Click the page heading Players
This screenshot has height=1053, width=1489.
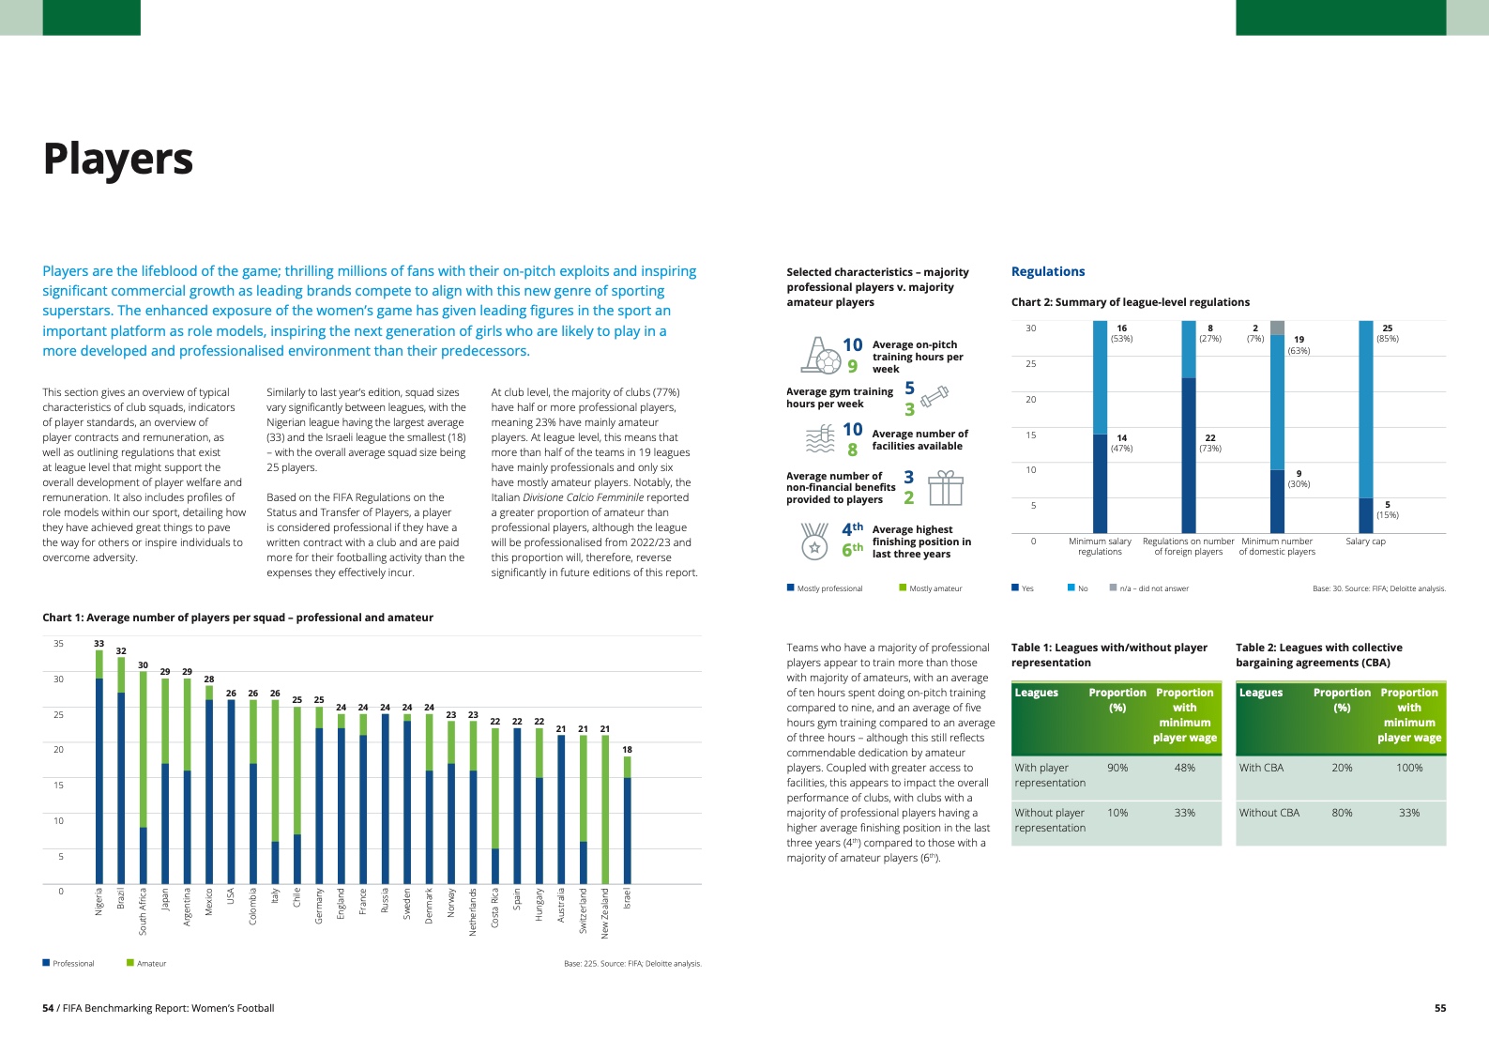[118, 159]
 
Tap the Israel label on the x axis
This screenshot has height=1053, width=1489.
[627, 898]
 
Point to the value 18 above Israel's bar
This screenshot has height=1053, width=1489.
[627, 749]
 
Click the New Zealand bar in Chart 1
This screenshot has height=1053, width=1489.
[605, 809]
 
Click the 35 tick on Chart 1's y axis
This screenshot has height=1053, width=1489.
[58, 644]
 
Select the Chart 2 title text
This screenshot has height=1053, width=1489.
[1130, 302]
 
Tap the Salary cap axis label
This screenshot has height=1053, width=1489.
[1365, 542]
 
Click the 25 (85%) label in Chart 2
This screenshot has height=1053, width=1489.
[1387, 333]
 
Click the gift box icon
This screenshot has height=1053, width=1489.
[945, 488]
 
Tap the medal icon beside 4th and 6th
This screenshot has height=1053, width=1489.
[814, 541]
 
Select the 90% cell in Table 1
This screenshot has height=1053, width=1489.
[1117, 768]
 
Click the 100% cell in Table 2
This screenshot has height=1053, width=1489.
[1408, 768]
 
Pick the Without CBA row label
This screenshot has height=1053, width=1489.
[1269, 813]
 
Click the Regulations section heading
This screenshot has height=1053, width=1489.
[1047, 272]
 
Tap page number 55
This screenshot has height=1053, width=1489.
[1439, 1008]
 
